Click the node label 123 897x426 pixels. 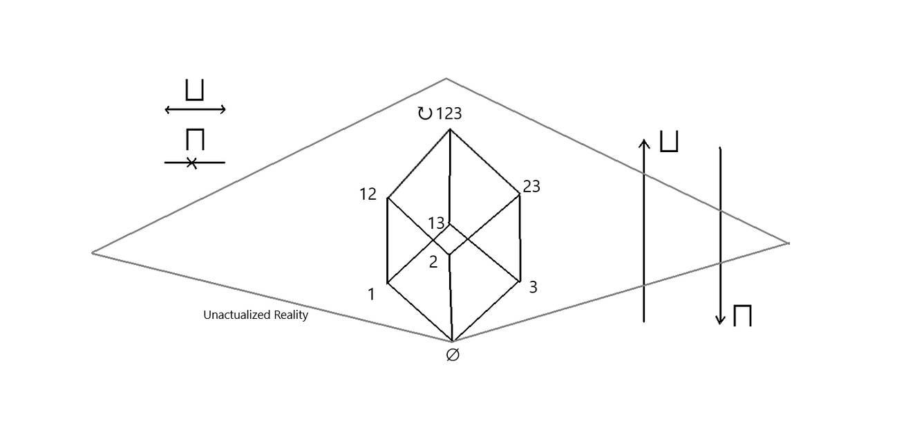click(448, 114)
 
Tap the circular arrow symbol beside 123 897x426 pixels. click(425, 113)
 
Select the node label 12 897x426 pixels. click(368, 194)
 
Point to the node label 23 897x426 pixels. click(531, 186)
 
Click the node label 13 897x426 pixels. click(437, 223)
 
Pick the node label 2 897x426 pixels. click(433, 262)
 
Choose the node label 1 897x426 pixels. click(371, 294)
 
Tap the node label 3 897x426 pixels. click(533, 287)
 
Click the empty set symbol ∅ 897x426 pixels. click(453, 355)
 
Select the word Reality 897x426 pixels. click(291, 315)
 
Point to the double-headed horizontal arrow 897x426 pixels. click(196, 109)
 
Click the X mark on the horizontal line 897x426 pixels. click(192, 163)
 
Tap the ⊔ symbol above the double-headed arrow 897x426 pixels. click(195, 90)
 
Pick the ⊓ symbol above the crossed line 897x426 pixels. click(195, 139)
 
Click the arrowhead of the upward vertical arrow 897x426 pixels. click(644, 142)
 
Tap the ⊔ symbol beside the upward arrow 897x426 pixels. click(669, 141)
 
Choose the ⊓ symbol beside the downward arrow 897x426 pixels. click(742, 315)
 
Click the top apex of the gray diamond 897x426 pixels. click(446, 79)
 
